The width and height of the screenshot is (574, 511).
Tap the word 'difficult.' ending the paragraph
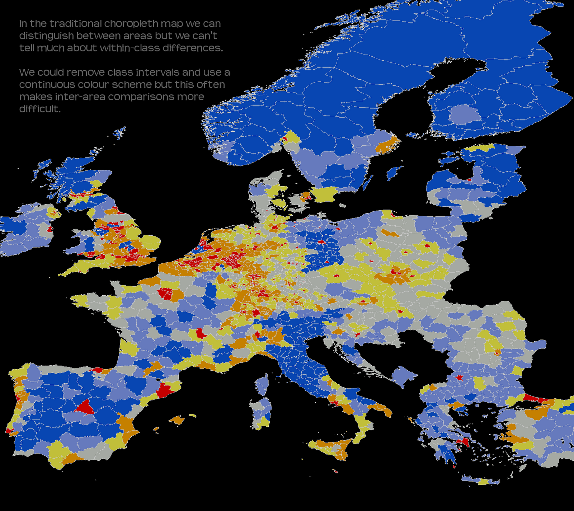[x=40, y=109]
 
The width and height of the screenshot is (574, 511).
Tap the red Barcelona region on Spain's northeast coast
[x=164, y=389]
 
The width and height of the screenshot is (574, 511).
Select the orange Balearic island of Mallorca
[x=177, y=420]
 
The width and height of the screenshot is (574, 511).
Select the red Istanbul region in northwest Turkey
[x=535, y=398]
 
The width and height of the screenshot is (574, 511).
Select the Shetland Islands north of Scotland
[x=120, y=132]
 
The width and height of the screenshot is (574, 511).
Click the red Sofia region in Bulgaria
[x=459, y=378]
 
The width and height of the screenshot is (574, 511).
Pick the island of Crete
[x=481, y=480]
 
